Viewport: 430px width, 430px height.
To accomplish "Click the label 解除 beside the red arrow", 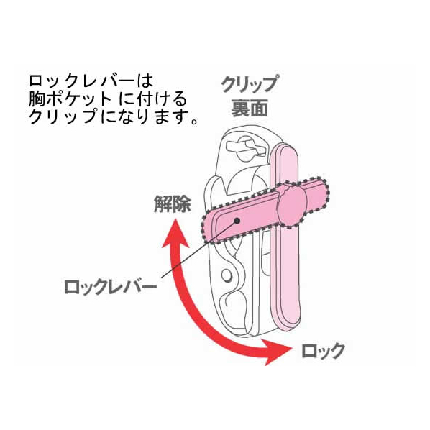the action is [173, 204].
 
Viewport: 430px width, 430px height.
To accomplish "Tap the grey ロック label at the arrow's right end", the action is [323, 351].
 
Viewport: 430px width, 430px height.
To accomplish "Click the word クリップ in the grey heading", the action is [249, 84].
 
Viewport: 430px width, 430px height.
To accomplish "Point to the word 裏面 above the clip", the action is [250, 108].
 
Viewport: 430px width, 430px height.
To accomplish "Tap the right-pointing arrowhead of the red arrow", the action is [275, 352].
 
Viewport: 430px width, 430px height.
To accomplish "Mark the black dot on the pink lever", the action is [237, 221].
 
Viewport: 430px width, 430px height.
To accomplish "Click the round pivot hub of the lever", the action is [292, 205].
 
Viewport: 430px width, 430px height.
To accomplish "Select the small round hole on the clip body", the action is [227, 275].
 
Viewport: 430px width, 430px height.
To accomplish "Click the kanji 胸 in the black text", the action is [37, 99].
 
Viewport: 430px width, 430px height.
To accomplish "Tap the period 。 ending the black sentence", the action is [194, 121].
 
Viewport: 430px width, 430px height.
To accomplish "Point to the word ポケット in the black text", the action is [78, 99].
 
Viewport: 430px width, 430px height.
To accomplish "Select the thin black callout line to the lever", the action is [199, 249].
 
